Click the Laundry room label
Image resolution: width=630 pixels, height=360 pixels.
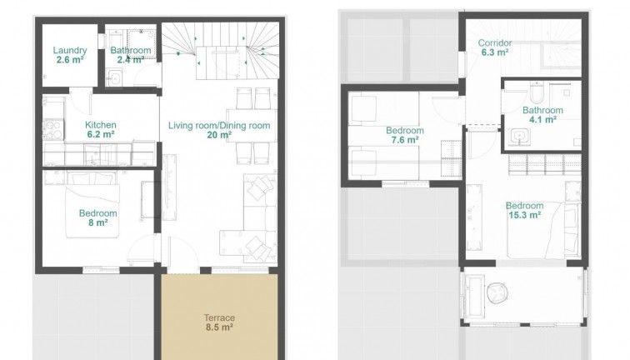[x=70, y=51]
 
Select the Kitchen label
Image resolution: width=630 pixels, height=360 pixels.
[x=101, y=125]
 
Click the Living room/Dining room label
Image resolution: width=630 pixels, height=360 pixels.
[x=219, y=126]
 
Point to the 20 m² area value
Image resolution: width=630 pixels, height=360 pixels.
[x=219, y=135]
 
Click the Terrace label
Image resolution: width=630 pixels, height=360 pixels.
[x=219, y=317]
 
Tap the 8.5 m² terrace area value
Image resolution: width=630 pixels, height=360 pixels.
[x=219, y=327]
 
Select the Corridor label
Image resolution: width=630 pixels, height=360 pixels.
[x=495, y=43]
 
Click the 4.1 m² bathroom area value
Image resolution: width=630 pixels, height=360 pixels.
[x=542, y=120]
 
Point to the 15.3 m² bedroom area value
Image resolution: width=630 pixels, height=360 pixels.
[x=525, y=215]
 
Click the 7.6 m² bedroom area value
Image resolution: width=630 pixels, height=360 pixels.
[x=405, y=140]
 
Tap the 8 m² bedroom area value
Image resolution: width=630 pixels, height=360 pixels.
[x=98, y=223]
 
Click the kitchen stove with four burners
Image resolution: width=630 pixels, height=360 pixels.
[x=53, y=130]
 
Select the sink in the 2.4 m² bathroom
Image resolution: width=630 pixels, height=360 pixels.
[x=115, y=77]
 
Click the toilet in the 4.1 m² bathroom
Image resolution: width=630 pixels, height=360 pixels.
[x=537, y=93]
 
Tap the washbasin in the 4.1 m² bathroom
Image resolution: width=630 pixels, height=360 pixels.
[x=519, y=136]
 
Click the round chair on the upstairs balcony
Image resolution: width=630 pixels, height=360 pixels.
[x=497, y=292]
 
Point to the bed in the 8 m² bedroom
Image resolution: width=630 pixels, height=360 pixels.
[x=92, y=204]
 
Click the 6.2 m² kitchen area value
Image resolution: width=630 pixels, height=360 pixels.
[x=101, y=135]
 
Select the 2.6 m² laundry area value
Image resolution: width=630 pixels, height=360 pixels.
[x=70, y=60]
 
